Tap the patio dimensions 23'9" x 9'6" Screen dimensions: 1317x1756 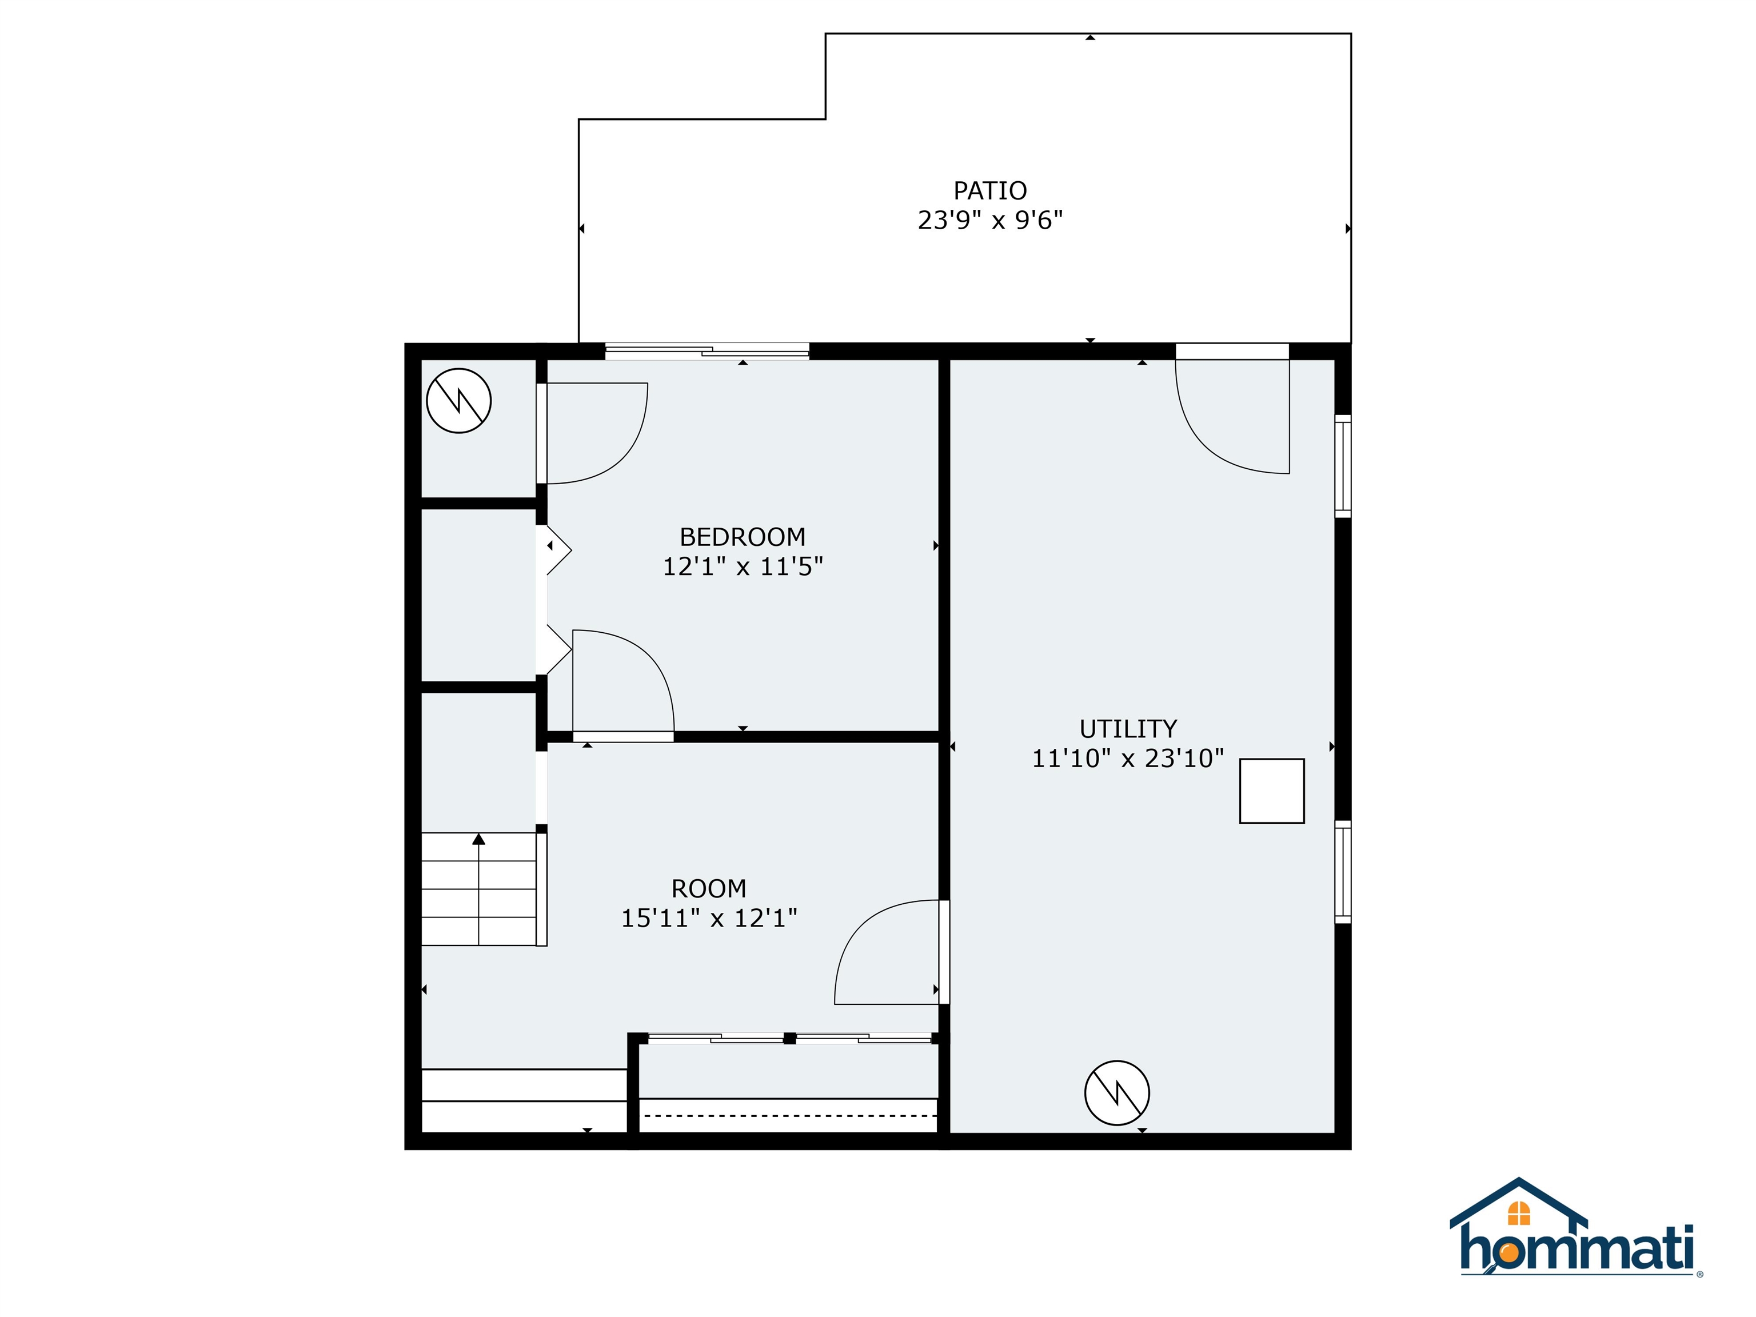pyautogui.click(x=990, y=220)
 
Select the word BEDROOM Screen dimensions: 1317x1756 pyautogui.click(x=743, y=537)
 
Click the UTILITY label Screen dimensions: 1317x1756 pyautogui.click(x=1127, y=729)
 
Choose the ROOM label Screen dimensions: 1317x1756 pyautogui.click(x=709, y=888)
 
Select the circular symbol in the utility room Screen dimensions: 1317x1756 pyautogui.click(x=1117, y=1092)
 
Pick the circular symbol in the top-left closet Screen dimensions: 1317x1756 pyautogui.click(x=459, y=401)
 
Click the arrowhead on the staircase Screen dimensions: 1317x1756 pyautogui.click(x=478, y=839)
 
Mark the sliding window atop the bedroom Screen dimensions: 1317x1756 pyautogui.click(x=707, y=352)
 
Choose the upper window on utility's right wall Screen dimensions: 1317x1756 pyautogui.click(x=1342, y=466)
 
